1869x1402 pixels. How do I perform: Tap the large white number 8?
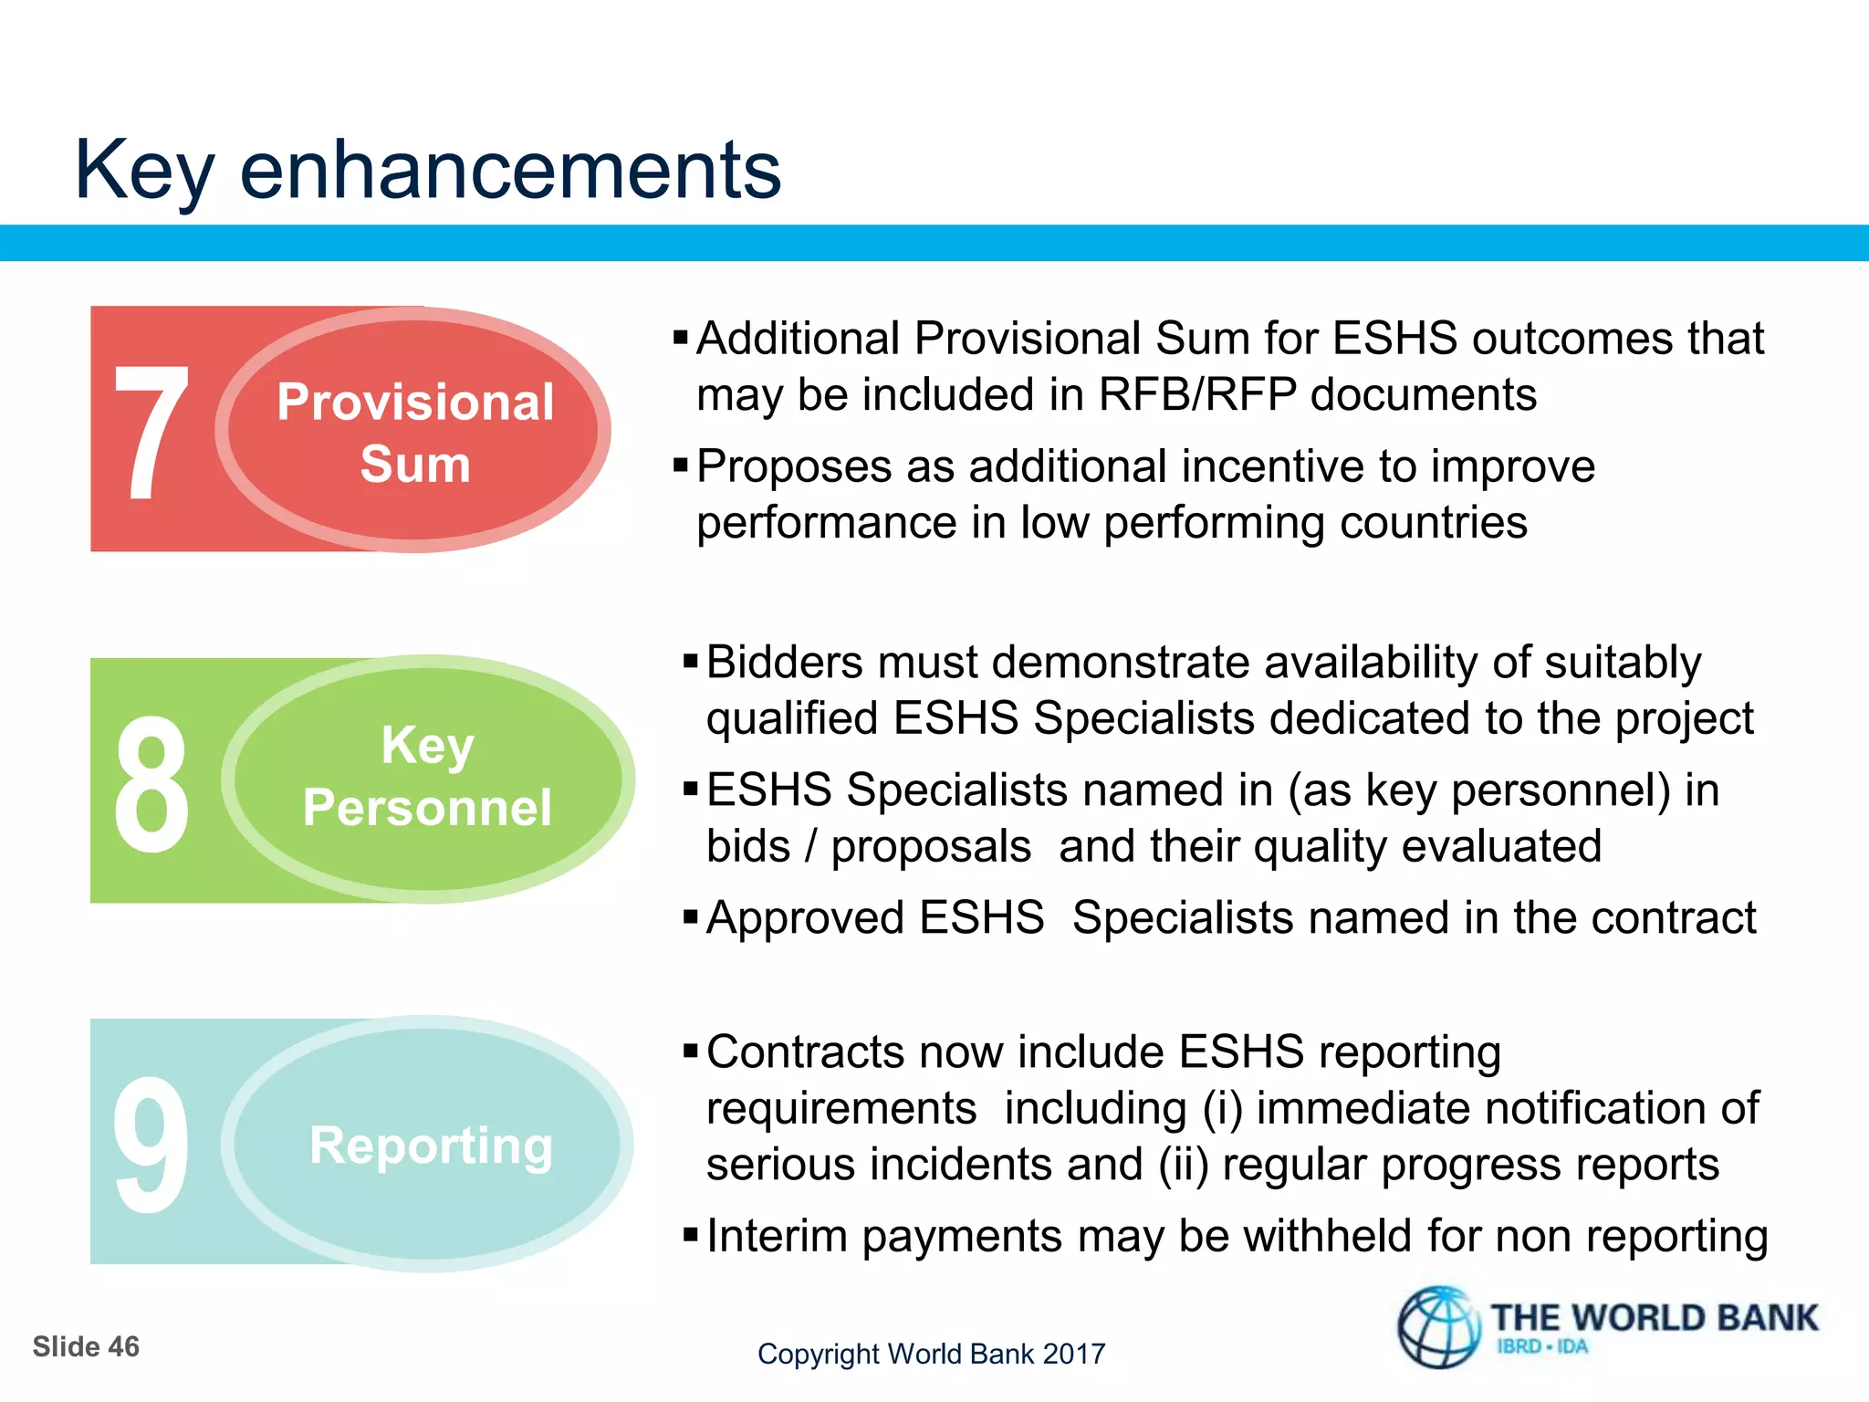pyautogui.click(x=151, y=783)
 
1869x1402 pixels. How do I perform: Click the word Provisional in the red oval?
pyautogui.click(x=415, y=403)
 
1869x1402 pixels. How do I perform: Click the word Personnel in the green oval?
pyautogui.click(x=427, y=808)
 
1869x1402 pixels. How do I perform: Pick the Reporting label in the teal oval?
pyautogui.click(x=431, y=1145)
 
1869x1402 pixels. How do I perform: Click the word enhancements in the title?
pyautogui.click(x=510, y=170)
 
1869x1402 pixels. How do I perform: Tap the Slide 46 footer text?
pyautogui.click(x=86, y=1347)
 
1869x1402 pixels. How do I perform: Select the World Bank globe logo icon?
pyautogui.click(x=1439, y=1327)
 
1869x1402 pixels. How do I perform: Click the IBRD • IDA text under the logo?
pyautogui.click(x=1542, y=1347)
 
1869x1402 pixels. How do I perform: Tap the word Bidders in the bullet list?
pyautogui.click(x=784, y=663)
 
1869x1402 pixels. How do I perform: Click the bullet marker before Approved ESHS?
pyautogui.click(x=690, y=915)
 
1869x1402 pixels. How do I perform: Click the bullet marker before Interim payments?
pyautogui.click(x=690, y=1236)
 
